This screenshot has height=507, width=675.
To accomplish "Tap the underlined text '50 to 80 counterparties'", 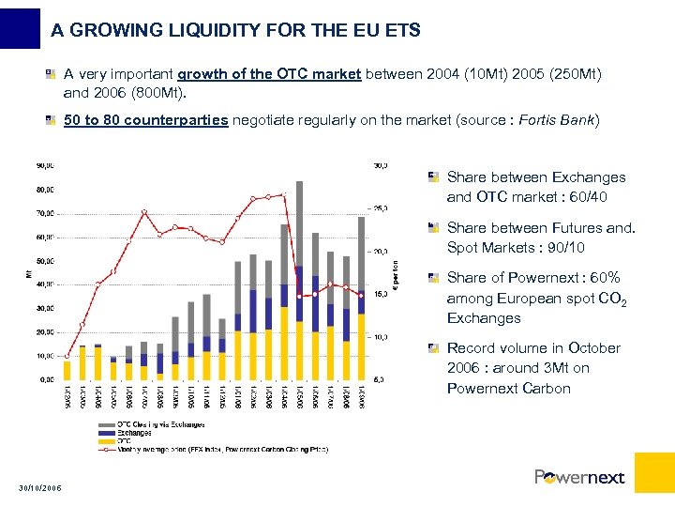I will (145, 120).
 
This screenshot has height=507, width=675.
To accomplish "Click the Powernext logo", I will (579, 477).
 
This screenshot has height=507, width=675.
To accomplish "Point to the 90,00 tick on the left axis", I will (43, 165).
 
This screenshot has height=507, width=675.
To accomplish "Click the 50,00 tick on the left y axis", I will (43, 260).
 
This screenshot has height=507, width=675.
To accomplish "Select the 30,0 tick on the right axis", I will (381, 165).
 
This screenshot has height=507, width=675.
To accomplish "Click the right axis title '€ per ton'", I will (396, 274).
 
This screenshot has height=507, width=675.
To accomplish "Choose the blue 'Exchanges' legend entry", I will (135, 433).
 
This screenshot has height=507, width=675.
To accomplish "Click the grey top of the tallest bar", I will (300, 216).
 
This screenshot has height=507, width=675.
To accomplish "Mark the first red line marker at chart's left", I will (67, 357).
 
